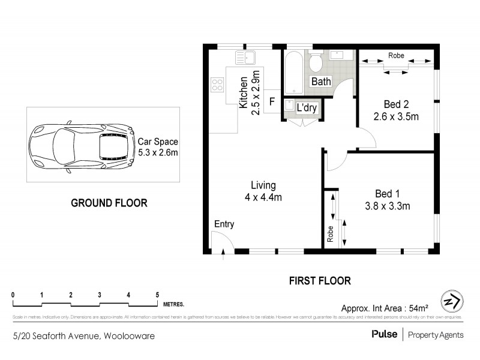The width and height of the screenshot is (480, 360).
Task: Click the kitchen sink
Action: coord(246,59)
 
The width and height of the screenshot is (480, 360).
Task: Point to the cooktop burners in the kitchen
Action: coord(217,85)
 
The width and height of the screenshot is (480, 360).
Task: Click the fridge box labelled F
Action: coord(272,101)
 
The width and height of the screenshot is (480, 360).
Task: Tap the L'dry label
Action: coord(307,109)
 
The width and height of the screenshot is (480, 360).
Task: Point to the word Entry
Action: coord(224,224)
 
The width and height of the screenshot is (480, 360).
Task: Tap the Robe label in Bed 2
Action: coord(396,56)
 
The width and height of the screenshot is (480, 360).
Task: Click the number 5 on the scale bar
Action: coord(157,295)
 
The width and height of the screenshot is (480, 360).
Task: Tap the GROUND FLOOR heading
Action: coord(109,203)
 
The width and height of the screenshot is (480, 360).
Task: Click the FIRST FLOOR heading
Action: coord(320,280)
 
